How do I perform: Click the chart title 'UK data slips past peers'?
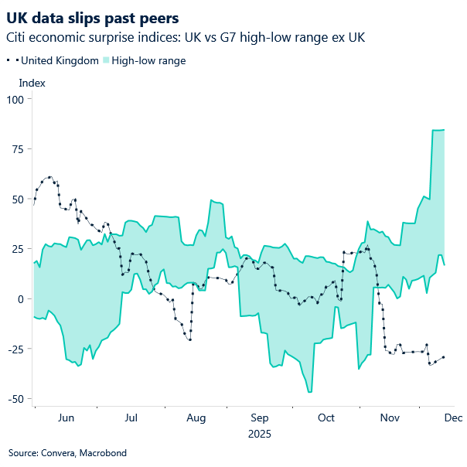[x=92, y=18]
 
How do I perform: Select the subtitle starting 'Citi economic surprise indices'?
[x=186, y=37]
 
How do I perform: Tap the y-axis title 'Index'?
[x=32, y=83]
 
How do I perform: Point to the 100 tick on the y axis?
[x=15, y=99]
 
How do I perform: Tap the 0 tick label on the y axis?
[x=22, y=299]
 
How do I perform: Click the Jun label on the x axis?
[x=66, y=418]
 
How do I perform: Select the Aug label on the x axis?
[x=196, y=418]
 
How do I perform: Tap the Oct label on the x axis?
[x=326, y=418]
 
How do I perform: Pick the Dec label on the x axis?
[x=453, y=418]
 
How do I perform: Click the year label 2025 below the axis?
[x=260, y=434]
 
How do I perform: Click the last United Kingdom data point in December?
[x=443, y=357]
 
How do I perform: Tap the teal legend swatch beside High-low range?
[x=106, y=60]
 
